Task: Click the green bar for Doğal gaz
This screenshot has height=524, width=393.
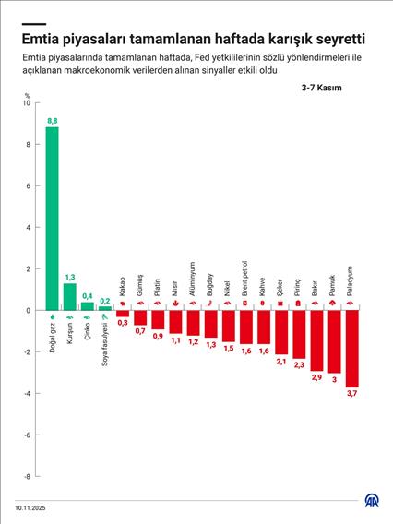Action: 52,219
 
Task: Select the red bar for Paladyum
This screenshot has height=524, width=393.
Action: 351,349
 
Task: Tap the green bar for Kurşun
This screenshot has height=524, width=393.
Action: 69,297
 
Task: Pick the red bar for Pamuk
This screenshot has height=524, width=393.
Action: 334,341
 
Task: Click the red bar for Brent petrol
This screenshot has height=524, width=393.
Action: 246,327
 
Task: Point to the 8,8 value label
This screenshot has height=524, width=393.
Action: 52,121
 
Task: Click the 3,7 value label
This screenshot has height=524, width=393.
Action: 351,395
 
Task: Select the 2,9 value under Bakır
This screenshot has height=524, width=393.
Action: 316,378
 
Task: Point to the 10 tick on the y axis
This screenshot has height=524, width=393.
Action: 26,102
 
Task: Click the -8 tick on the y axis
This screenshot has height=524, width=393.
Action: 26,477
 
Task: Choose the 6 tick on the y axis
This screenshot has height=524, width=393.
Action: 28,185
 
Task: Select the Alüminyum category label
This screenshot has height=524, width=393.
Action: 193,277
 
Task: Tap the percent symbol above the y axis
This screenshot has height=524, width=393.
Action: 28,94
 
